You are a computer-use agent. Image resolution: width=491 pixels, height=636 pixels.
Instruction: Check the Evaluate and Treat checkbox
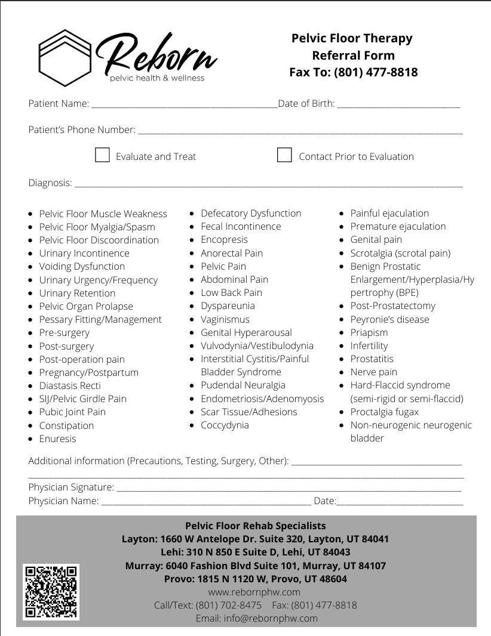pos(103,156)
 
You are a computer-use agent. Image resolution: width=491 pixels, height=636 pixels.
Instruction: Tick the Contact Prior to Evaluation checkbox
pos(284,155)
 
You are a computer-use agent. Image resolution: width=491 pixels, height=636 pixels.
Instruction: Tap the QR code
pos(51,591)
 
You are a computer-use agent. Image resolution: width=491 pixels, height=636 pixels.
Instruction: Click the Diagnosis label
pos(50,183)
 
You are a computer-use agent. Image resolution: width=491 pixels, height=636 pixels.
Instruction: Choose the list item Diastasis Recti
pos(70,385)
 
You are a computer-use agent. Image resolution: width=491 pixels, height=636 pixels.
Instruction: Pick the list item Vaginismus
pos(225,319)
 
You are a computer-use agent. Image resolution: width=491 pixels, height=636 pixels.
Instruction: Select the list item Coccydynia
pos(225,425)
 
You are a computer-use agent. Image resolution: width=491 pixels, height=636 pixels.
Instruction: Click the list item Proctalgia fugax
pos(384,412)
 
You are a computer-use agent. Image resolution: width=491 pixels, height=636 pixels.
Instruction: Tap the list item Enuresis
pos(57,439)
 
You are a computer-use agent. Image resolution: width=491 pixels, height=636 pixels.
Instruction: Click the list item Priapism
pos(369,332)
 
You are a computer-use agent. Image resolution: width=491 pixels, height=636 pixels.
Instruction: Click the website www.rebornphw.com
pos(254,592)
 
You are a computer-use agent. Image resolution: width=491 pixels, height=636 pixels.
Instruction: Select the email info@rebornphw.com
pos(256,618)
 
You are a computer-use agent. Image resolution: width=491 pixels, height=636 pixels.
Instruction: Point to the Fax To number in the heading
pos(376,72)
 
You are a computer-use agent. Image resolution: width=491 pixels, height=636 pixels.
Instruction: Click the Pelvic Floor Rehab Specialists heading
pos(255,526)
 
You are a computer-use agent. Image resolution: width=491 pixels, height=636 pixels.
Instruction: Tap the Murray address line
pos(255,566)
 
